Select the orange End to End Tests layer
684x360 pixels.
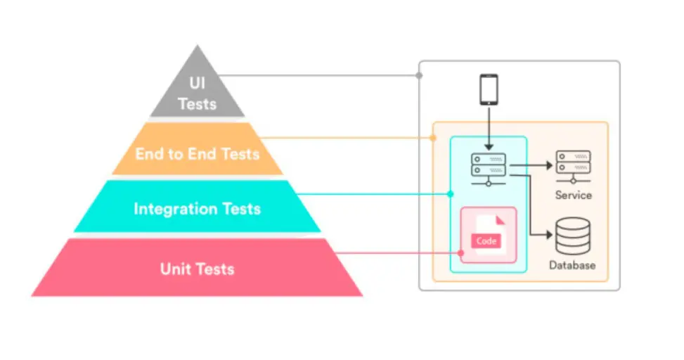[x=197, y=149]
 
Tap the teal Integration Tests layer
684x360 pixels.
[x=197, y=207]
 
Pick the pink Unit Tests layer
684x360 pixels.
[x=197, y=267]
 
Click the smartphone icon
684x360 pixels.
[x=489, y=89]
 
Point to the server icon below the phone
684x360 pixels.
[x=489, y=169]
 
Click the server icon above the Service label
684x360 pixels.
[x=573, y=167]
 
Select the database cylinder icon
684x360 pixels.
[x=573, y=236]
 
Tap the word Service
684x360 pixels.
[x=573, y=195]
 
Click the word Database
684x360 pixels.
[x=572, y=265]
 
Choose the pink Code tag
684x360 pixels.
[x=486, y=241]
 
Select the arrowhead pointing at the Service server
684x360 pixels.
[x=550, y=165]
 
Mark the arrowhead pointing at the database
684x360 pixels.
[x=550, y=235]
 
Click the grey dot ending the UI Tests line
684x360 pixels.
[x=419, y=75]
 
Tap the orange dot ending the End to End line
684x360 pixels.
[x=433, y=138]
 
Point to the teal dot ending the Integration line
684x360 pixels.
[x=450, y=194]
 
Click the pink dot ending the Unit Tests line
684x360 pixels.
[x=460, y=252]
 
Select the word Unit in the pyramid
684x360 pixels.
[x=176, y=269]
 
